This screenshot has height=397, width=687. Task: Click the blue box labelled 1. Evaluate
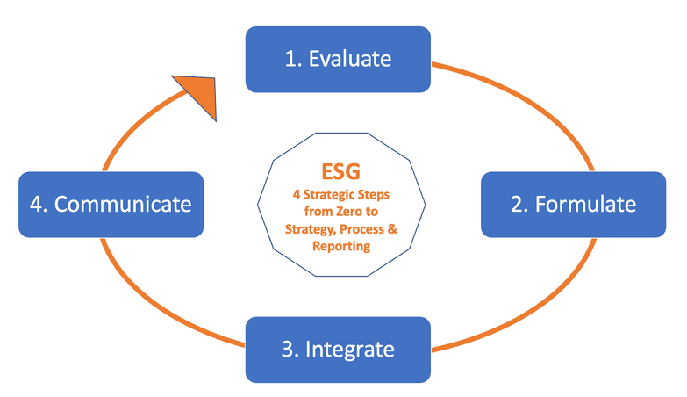(338, 59)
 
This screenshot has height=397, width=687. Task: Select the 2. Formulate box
(573, 204)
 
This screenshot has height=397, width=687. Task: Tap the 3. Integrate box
(338, 350)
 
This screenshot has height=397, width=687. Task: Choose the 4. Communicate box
(111, 204)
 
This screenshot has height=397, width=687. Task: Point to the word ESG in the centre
(341, 170)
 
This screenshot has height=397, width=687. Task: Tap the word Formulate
(585, 205)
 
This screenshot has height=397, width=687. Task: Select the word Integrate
(350, 350)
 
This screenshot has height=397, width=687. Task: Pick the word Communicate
(123, 205)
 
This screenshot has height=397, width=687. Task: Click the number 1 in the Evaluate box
(290, 60)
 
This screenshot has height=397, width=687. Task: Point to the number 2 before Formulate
(517, 205)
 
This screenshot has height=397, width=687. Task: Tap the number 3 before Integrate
(288, 350)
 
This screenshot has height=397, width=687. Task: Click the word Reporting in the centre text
(341, 247)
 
